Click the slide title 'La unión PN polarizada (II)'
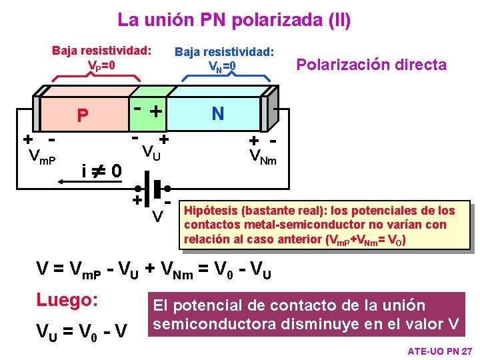[x=233, y=20]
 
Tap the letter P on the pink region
[x=82, y=116]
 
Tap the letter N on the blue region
[x=217, y=114]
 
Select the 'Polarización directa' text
[x=371, y=65]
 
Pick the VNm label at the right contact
[x=262, y=157]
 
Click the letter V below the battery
[x=157, y=216]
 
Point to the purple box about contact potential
[x=306, y=315]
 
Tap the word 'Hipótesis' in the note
[x=211, y=211]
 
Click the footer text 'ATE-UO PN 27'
[x=439, y=350]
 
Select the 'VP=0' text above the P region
[x=102, y=66]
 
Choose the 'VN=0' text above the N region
[x=223, y=66]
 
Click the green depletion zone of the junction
[x=148, y=111]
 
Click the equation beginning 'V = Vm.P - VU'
[x=153, y=269]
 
